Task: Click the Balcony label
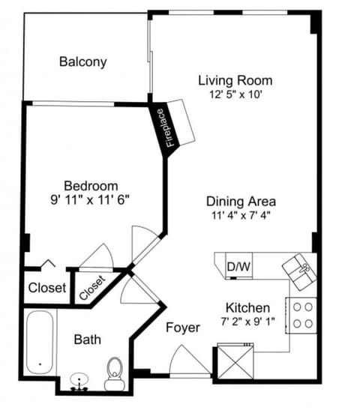click(82, 61)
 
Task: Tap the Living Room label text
click(235, 80)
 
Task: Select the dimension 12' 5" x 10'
click(235, 94)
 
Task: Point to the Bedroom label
click(91, 186)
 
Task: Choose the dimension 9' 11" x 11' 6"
click(91, 200)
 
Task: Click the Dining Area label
click(241, 201)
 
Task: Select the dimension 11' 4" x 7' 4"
click(241, 215)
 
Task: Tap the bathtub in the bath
click(38, 342)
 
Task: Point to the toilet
click(115, 373)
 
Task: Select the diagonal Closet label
click(92, 286)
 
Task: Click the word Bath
click(87, 340)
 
